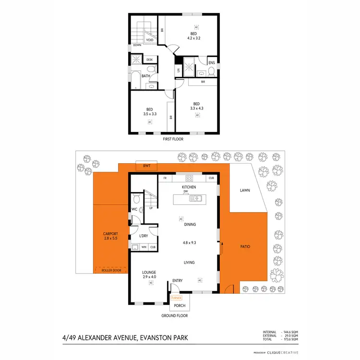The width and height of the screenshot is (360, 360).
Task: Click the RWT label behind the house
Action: (144, 166)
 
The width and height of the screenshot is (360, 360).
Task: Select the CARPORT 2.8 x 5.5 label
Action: (111, 236)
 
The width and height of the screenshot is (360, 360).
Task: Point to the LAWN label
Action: (245, 191)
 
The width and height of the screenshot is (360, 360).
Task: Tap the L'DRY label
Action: (143, 236)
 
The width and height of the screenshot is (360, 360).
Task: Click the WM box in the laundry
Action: (144, 247)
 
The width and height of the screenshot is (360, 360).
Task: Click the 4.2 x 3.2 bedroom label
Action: (193, 36)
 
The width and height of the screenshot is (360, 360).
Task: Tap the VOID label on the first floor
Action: (150, 40)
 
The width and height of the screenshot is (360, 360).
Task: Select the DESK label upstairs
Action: (149, 60)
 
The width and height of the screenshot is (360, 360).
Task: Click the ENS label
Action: (212, 62)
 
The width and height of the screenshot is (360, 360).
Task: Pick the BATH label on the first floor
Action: (145, 76)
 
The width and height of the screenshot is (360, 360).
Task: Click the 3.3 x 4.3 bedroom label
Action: (196, 107)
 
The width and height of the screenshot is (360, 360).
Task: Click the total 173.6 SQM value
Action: (291, 339)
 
